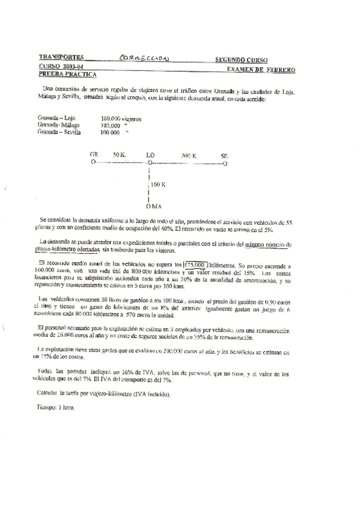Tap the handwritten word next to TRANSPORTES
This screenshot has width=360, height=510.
144,59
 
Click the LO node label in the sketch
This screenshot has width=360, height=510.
150,155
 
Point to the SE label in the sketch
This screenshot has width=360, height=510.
224,155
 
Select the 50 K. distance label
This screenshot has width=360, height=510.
119,155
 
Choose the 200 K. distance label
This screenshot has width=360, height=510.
189,155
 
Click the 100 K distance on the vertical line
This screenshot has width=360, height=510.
158,185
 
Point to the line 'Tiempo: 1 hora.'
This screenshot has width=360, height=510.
53,408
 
